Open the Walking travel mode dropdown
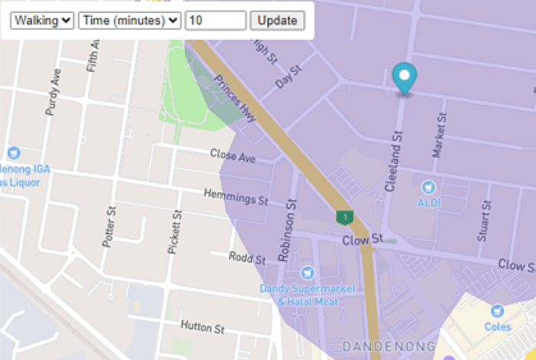pos(42,21)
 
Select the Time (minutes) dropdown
pos(129,21)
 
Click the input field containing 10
pos(215,21)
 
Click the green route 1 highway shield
pos(345,218)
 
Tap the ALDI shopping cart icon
pos(429,186)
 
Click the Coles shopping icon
pos(497,311)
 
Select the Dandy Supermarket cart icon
pos(308,273)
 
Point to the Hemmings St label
pos(236,198)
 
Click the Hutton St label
pos(202,327)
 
